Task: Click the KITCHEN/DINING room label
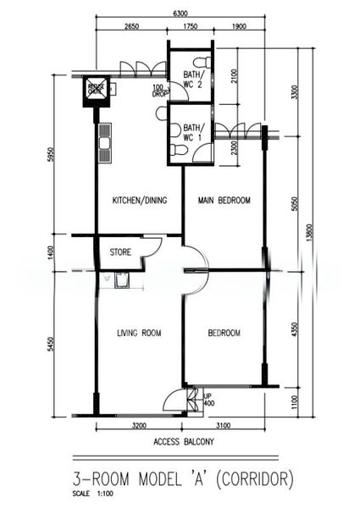click(140, 201)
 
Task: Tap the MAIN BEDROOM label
click(224, 201)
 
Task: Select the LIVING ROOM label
click(139, 333)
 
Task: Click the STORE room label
click(120, 251)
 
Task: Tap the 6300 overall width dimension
click(180, 14)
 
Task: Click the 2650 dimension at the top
click(130, 27)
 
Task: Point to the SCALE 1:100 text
click(86, 494)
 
